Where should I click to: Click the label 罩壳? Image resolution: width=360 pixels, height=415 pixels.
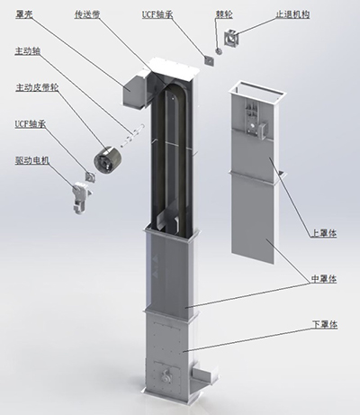click(x=23, y=14)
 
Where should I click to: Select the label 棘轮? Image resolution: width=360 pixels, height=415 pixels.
click(x=224, y=14)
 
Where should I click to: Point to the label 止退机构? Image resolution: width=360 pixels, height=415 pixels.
click(x=292, y=14)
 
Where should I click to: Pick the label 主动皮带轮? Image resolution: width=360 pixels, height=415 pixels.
click(x=37, y=87)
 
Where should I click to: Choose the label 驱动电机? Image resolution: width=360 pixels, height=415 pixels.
click(x=31, y=160)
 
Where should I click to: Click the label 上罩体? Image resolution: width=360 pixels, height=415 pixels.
click(x=324, y=233)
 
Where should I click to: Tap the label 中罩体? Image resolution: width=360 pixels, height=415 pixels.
click(x=324, y=279)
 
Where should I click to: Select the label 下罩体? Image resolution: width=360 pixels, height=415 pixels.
click(x=325, y=324)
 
